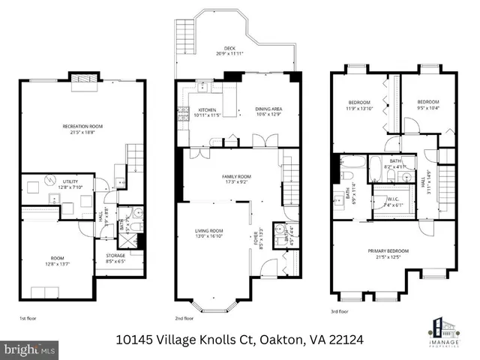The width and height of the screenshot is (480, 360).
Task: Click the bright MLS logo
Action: (30, 349)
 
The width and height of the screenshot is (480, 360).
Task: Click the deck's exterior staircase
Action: (184, 35)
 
